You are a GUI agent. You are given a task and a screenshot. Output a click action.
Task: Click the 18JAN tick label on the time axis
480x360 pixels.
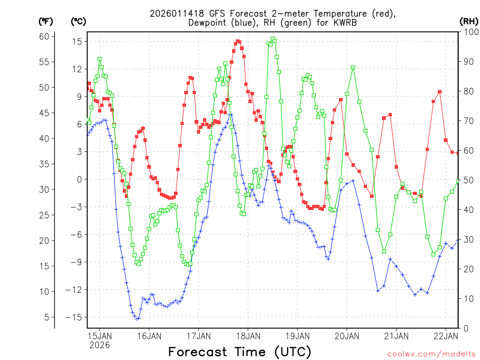click(x=247, y=336)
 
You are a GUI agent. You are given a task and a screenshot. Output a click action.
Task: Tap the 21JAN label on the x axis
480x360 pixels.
click(x=396, y=336)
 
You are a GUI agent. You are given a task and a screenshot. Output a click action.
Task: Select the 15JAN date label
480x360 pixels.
click(x=99, y=336)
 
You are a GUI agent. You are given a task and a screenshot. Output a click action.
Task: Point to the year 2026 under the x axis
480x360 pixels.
click(x=99, y=345)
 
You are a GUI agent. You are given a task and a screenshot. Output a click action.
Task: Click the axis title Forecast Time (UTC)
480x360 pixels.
click(x=240, y=352)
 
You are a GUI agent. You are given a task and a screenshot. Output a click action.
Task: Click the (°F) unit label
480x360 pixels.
click(x=46, y=21)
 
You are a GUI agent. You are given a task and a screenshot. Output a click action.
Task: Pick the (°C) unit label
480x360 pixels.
click(x=78, y=21)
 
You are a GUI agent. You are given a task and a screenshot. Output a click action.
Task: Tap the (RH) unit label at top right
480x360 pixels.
click(x=469, y=21)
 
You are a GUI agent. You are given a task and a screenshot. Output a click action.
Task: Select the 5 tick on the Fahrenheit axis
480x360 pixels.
click(x=46, y=317)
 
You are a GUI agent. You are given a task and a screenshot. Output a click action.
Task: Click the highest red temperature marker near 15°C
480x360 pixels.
click(x=238, y=41)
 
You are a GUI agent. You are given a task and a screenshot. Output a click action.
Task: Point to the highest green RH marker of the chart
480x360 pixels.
click(x=272, y=39)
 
